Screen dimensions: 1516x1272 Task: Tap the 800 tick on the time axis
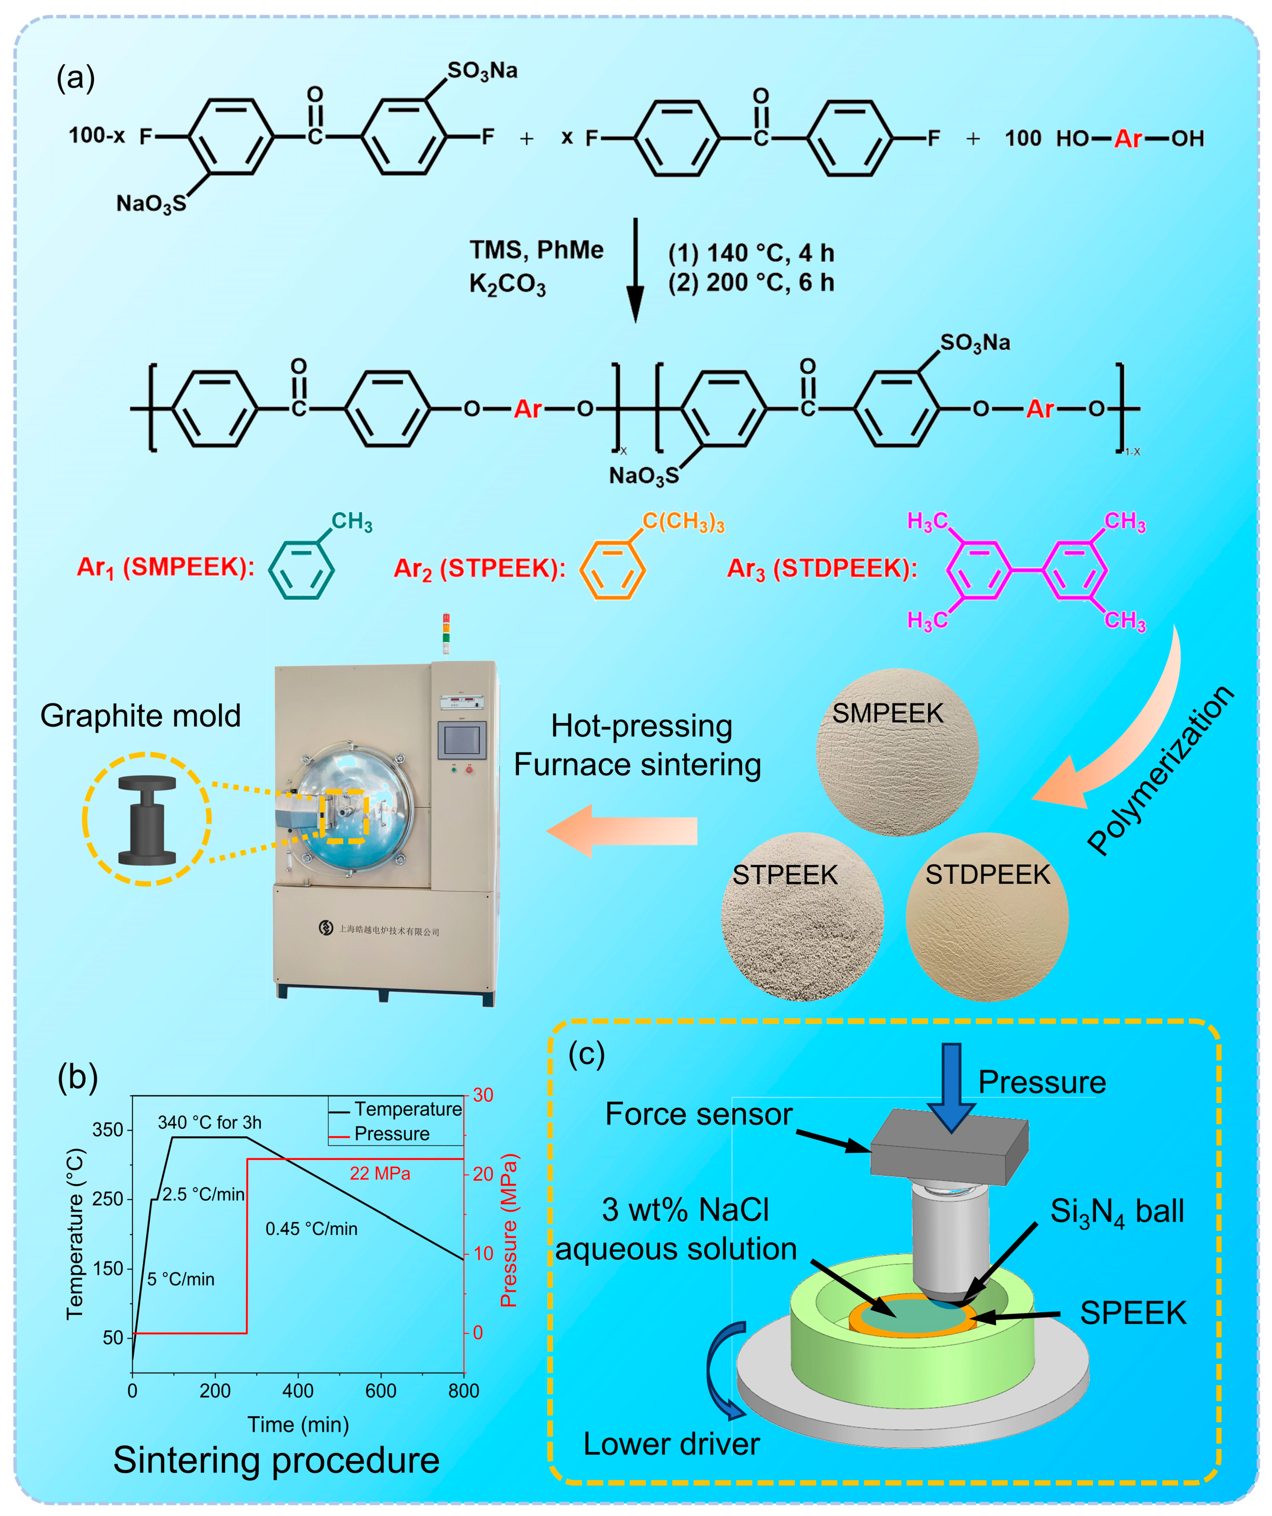pyautogui.click(x=463, y=1390)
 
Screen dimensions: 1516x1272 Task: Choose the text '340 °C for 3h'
pyautogui.click(x=209, y=1123)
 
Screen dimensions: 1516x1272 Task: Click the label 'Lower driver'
pyautogui.click(x=671, y=1444)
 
